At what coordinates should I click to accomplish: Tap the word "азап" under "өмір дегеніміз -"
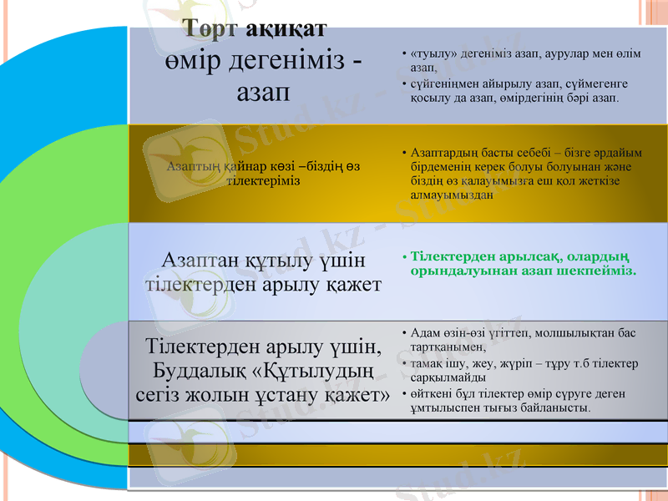[263, 91]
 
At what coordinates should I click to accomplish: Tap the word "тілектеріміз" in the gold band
[264, 180]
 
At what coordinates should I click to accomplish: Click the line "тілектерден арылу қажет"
[264, 284]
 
